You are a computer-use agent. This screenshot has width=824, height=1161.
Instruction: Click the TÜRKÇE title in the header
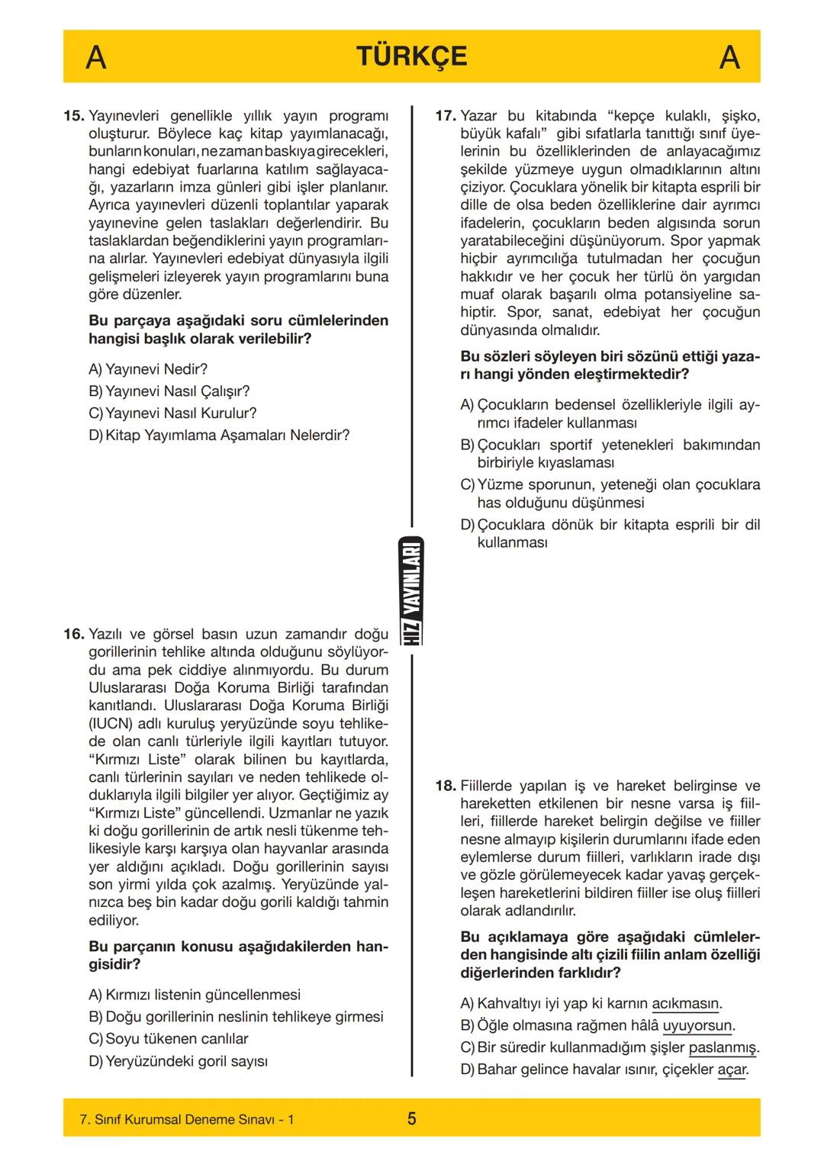(411, 57)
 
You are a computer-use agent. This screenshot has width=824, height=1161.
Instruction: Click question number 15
(73, 116)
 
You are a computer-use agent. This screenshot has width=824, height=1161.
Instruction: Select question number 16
(73, 635)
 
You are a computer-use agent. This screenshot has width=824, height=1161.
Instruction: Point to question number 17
(446, 116)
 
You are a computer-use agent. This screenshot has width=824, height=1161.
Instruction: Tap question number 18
(446, 786)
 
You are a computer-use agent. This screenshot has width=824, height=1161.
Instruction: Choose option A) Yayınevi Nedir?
(148, 369)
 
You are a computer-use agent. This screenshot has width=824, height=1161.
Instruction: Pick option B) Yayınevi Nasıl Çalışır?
(169, 391)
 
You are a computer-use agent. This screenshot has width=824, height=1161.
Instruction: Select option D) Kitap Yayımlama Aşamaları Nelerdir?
(219, 436)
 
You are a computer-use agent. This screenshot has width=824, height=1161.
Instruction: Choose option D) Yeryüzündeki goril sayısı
(178, 1061)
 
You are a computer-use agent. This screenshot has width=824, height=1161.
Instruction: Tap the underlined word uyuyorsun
(697, 1026)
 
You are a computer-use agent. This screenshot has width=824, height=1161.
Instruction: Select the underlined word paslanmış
(722, 1047)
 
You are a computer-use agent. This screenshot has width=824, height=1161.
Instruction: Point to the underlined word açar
(731, 1069)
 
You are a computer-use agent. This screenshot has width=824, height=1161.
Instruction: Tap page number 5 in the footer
(411, 1119)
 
